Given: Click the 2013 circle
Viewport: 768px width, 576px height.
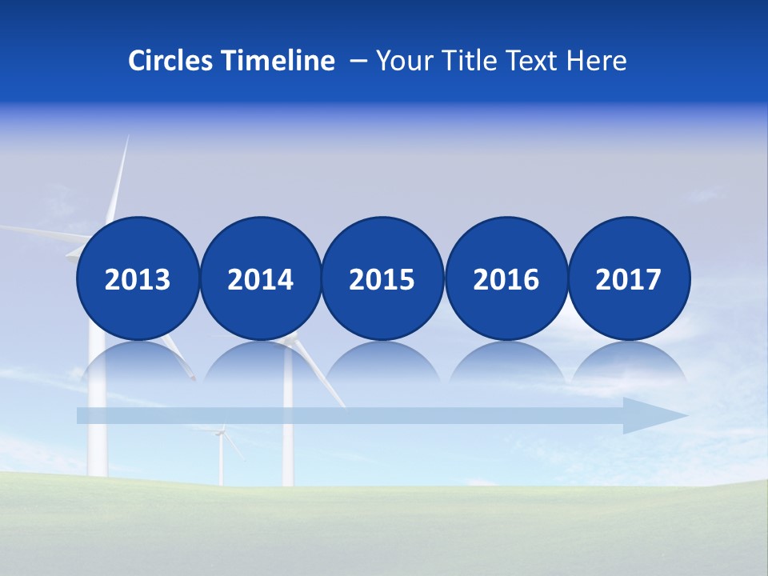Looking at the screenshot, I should coord(138,278).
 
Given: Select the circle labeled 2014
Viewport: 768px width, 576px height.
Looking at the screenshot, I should coord(260,278).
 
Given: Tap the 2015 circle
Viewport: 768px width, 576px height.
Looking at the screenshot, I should coord(382,278).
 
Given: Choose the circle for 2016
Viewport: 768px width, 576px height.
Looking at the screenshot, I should coord(506,278).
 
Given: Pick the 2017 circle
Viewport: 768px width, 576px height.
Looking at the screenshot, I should coord(629,278).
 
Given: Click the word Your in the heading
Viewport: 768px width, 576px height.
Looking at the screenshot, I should coord(405,61).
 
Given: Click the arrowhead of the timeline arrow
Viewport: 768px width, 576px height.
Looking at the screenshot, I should coord(656,415).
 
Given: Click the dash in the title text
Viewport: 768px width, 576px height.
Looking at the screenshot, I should coord(358,62).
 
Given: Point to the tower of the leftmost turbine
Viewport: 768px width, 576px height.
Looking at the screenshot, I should coord(97,432).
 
